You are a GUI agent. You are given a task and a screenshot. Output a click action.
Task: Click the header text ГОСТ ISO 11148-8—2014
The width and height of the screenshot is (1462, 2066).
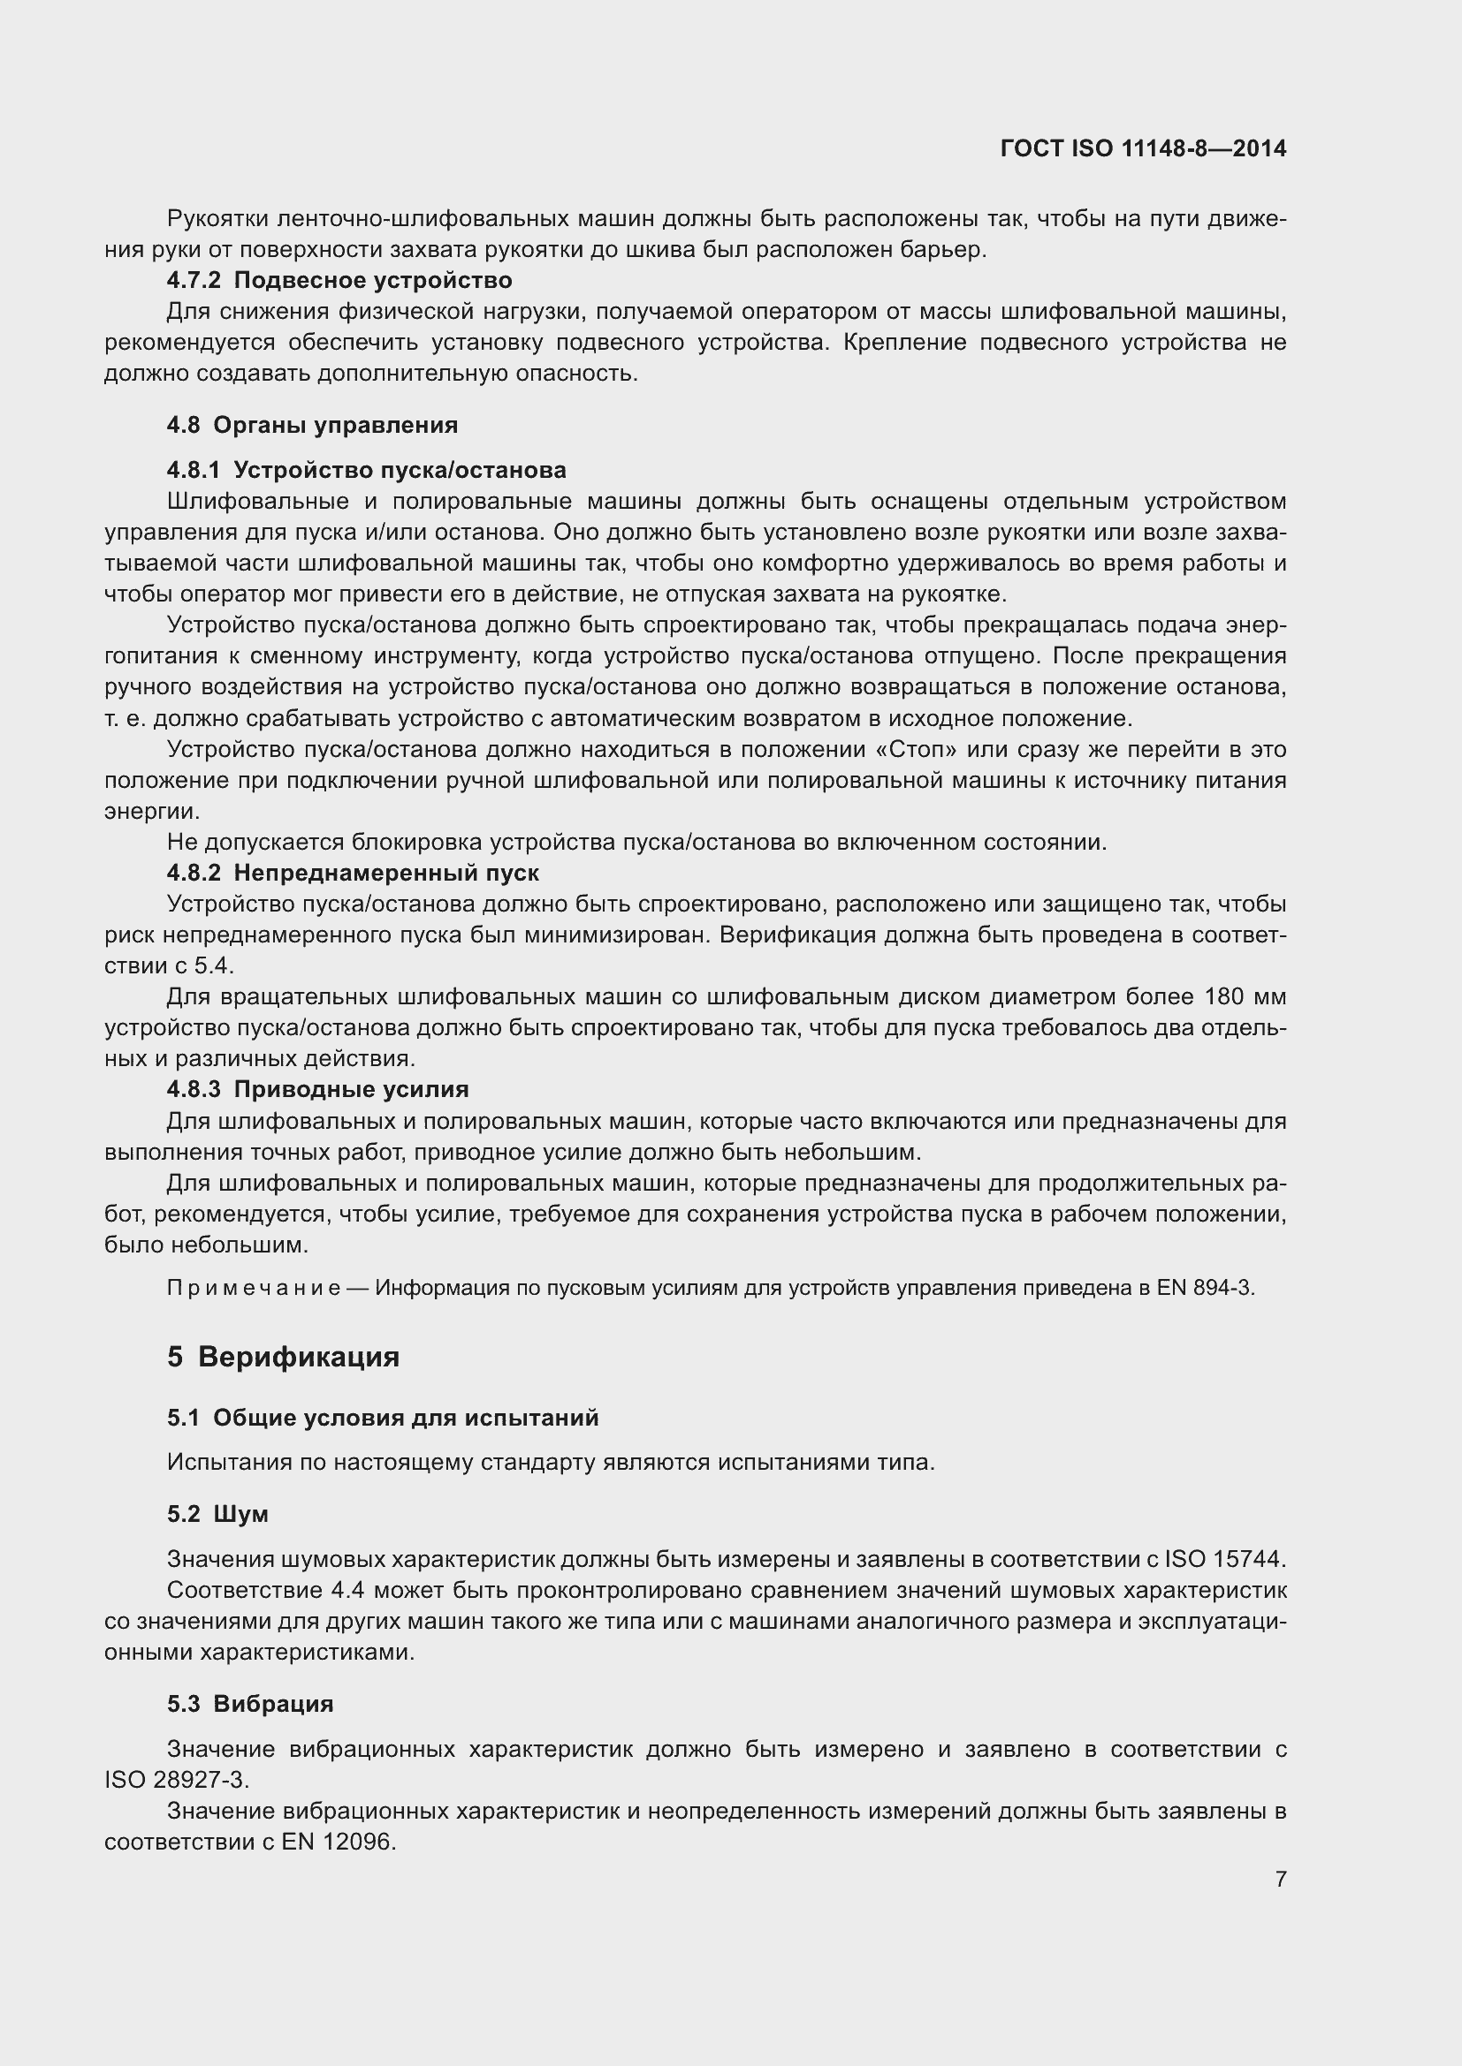click(x=1142, y=148)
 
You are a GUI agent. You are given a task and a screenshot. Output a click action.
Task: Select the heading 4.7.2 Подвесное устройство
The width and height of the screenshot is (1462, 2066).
click(x=339, y=281)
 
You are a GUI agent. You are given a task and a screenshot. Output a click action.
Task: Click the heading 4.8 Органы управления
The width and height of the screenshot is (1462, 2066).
click(x=312, y=425)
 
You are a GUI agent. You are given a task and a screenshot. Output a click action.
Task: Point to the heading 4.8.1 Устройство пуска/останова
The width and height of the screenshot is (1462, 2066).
click(x=367, y=470)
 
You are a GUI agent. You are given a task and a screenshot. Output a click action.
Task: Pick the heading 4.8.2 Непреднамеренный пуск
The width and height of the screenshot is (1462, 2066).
click(x=353, y=872)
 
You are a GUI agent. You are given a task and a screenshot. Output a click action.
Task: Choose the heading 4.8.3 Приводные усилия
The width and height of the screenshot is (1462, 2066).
click(x=318, y=1089)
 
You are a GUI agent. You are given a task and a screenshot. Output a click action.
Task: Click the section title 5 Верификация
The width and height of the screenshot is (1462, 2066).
click(x=284, y=1356)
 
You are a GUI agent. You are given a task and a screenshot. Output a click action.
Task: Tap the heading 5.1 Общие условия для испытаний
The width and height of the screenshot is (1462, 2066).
click(x=383, y=1419)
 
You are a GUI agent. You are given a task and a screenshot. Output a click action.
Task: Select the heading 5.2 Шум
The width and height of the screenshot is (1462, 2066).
click(x=217, y=1515)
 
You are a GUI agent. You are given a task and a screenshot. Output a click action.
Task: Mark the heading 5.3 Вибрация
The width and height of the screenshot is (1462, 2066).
click(x=250, y=1703)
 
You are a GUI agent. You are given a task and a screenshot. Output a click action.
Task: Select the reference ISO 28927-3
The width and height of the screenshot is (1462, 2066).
click(x=177, y=1780)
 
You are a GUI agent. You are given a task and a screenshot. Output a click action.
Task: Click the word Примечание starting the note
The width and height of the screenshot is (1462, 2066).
click(x=254, y=1288)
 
